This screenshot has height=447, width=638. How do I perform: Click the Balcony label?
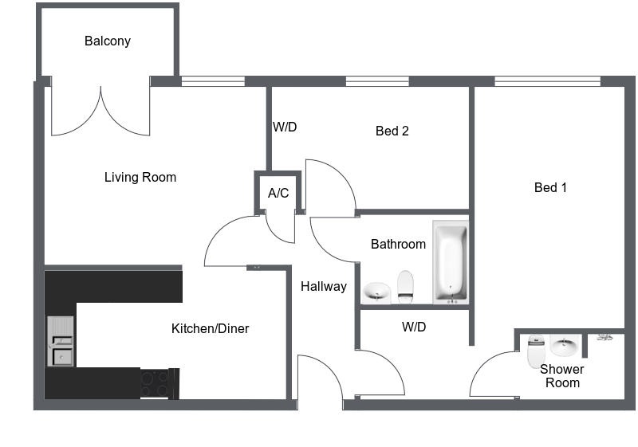click(x=108, y=41)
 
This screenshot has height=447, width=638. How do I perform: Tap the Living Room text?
click(x=140, y=177)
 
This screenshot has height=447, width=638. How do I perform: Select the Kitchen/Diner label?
click(x=210, y=328)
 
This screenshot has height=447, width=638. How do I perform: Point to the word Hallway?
click(x=323, y=286)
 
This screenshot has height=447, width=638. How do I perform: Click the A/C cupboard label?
click(x=278, y=193)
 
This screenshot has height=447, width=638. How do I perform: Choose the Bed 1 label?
click(x=550, y=187)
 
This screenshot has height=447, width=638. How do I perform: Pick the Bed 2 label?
click(x=392, y=131)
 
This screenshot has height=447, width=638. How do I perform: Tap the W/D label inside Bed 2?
click(x=285, y=127)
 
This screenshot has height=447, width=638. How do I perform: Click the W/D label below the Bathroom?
click(x=414, y=327)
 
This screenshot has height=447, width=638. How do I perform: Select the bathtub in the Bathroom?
click(x=451, y=262)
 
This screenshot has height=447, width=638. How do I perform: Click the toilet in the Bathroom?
click(x=405, y=286)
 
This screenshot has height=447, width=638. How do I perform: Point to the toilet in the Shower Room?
click(x=535, y=351)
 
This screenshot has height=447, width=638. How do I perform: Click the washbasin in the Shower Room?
click(x=564, y=347)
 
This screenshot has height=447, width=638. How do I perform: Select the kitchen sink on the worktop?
click(x=60, y=341)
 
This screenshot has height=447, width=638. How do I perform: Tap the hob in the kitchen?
click(x=156, y=382)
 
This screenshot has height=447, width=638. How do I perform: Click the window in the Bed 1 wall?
click(x=547, y=81)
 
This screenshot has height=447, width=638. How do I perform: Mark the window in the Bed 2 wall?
click(x=376, y=81)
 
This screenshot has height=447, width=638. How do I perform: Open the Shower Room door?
click(x=493, y=374)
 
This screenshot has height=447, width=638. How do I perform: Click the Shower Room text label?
click(x=561, y=375)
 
